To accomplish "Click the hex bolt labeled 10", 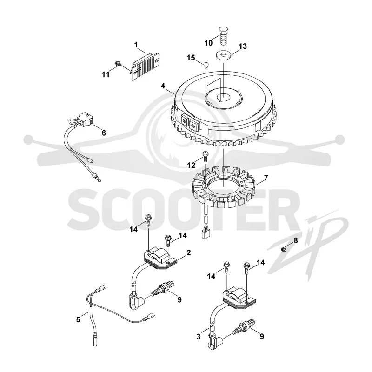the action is point(224,36).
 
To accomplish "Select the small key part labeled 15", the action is point(206,64).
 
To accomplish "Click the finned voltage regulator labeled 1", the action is point(146,66).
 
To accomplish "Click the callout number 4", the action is point(163,86).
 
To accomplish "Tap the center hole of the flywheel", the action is point(224,97).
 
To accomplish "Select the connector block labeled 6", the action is point(84,120).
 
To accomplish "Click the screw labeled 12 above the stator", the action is point(205,156).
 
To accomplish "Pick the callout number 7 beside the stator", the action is point(266,178).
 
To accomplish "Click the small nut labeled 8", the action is point(283,249).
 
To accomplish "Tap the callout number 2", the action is point(189,252).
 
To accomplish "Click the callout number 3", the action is point(199,336).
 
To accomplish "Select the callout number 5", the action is point(78,319).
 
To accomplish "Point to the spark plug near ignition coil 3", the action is point(245,327).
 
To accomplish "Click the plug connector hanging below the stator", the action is point(205,234).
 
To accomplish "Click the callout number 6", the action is point(104,133).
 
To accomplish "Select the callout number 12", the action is point(191,165).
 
